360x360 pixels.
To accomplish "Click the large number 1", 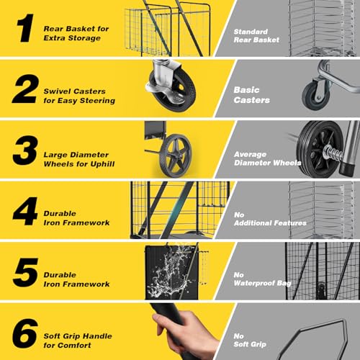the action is coord(25,28).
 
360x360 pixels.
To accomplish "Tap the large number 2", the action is coord(25,89).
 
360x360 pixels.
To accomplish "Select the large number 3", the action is coord(25,150).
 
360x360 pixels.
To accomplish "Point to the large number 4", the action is coord(25,211).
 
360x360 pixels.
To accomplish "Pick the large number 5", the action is coord(26,273).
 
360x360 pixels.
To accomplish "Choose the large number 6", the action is coord(25,333).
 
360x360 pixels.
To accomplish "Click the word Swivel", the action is coord(57,91).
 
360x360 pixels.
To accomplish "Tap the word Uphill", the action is coord(102,164).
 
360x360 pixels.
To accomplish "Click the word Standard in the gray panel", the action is coord(251,32).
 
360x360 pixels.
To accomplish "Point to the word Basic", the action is coord(246,90).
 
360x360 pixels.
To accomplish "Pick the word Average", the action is coord(250,154).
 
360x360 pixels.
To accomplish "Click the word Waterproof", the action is coord(254,283).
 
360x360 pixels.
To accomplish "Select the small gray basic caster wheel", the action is coord(316,96).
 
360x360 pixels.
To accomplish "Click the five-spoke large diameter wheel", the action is coord(175,156).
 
